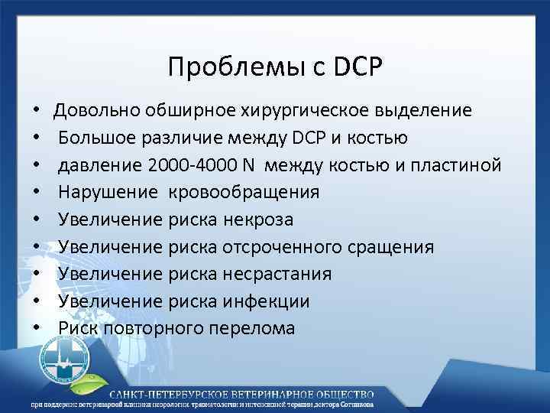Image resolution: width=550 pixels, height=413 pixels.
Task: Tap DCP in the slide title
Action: tap(357, 67)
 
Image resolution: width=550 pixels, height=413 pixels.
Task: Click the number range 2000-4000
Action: tap(191, 165)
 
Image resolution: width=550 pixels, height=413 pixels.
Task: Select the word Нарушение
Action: tap(105, 193)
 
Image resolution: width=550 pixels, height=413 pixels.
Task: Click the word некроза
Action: tap(259, 220)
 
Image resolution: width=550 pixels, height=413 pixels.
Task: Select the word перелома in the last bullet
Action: tap(257, 328)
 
